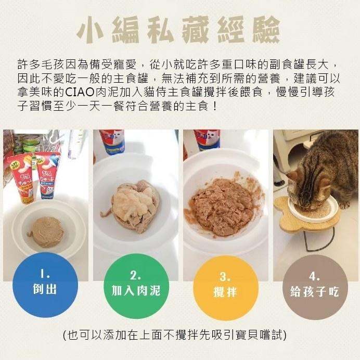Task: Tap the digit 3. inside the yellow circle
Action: point(225,276)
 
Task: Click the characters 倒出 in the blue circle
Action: point(45,290)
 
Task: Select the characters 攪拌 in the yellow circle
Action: point(225,292)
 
